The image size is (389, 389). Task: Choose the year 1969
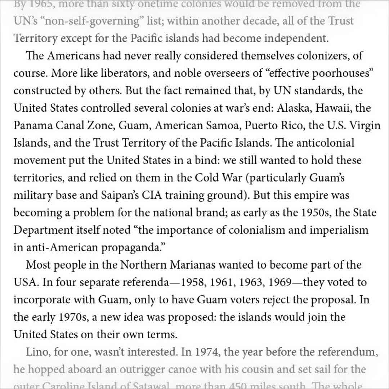(x=277, y=282)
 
